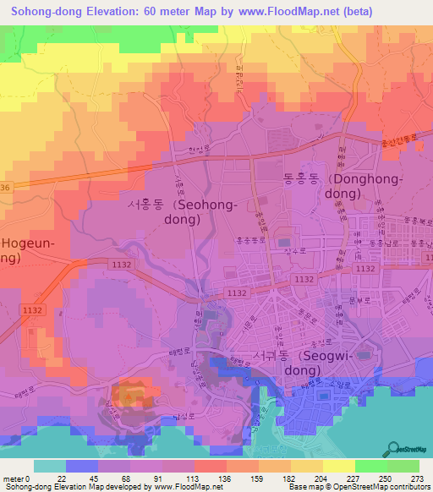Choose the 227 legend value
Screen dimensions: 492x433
(354, 478)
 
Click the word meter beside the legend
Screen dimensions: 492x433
(12, 478)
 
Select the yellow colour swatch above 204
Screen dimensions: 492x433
(338, 466)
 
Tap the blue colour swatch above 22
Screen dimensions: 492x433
(82, 466)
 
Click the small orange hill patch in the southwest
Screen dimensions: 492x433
(134, 393)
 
